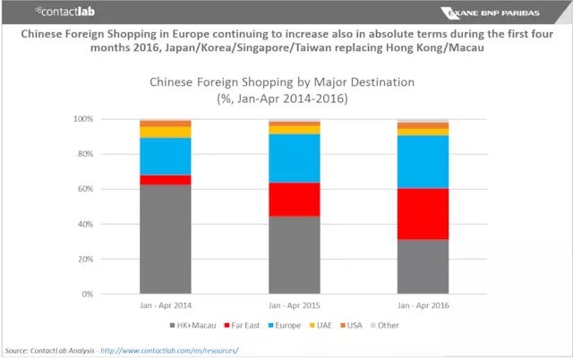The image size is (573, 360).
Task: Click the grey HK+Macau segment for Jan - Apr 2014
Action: click(165, 239)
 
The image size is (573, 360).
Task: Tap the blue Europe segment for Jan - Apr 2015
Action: click(294, 158)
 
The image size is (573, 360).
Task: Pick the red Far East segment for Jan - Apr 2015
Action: click(294, 199)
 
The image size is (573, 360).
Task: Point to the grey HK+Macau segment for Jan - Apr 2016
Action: click(423, 266)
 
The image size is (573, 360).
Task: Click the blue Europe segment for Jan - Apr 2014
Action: click(165, 156)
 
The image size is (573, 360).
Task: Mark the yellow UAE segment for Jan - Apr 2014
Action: click(165, 132)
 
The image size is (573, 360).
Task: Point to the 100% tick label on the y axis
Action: click(82, 119)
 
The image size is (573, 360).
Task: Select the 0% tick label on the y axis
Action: click(87, 294)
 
